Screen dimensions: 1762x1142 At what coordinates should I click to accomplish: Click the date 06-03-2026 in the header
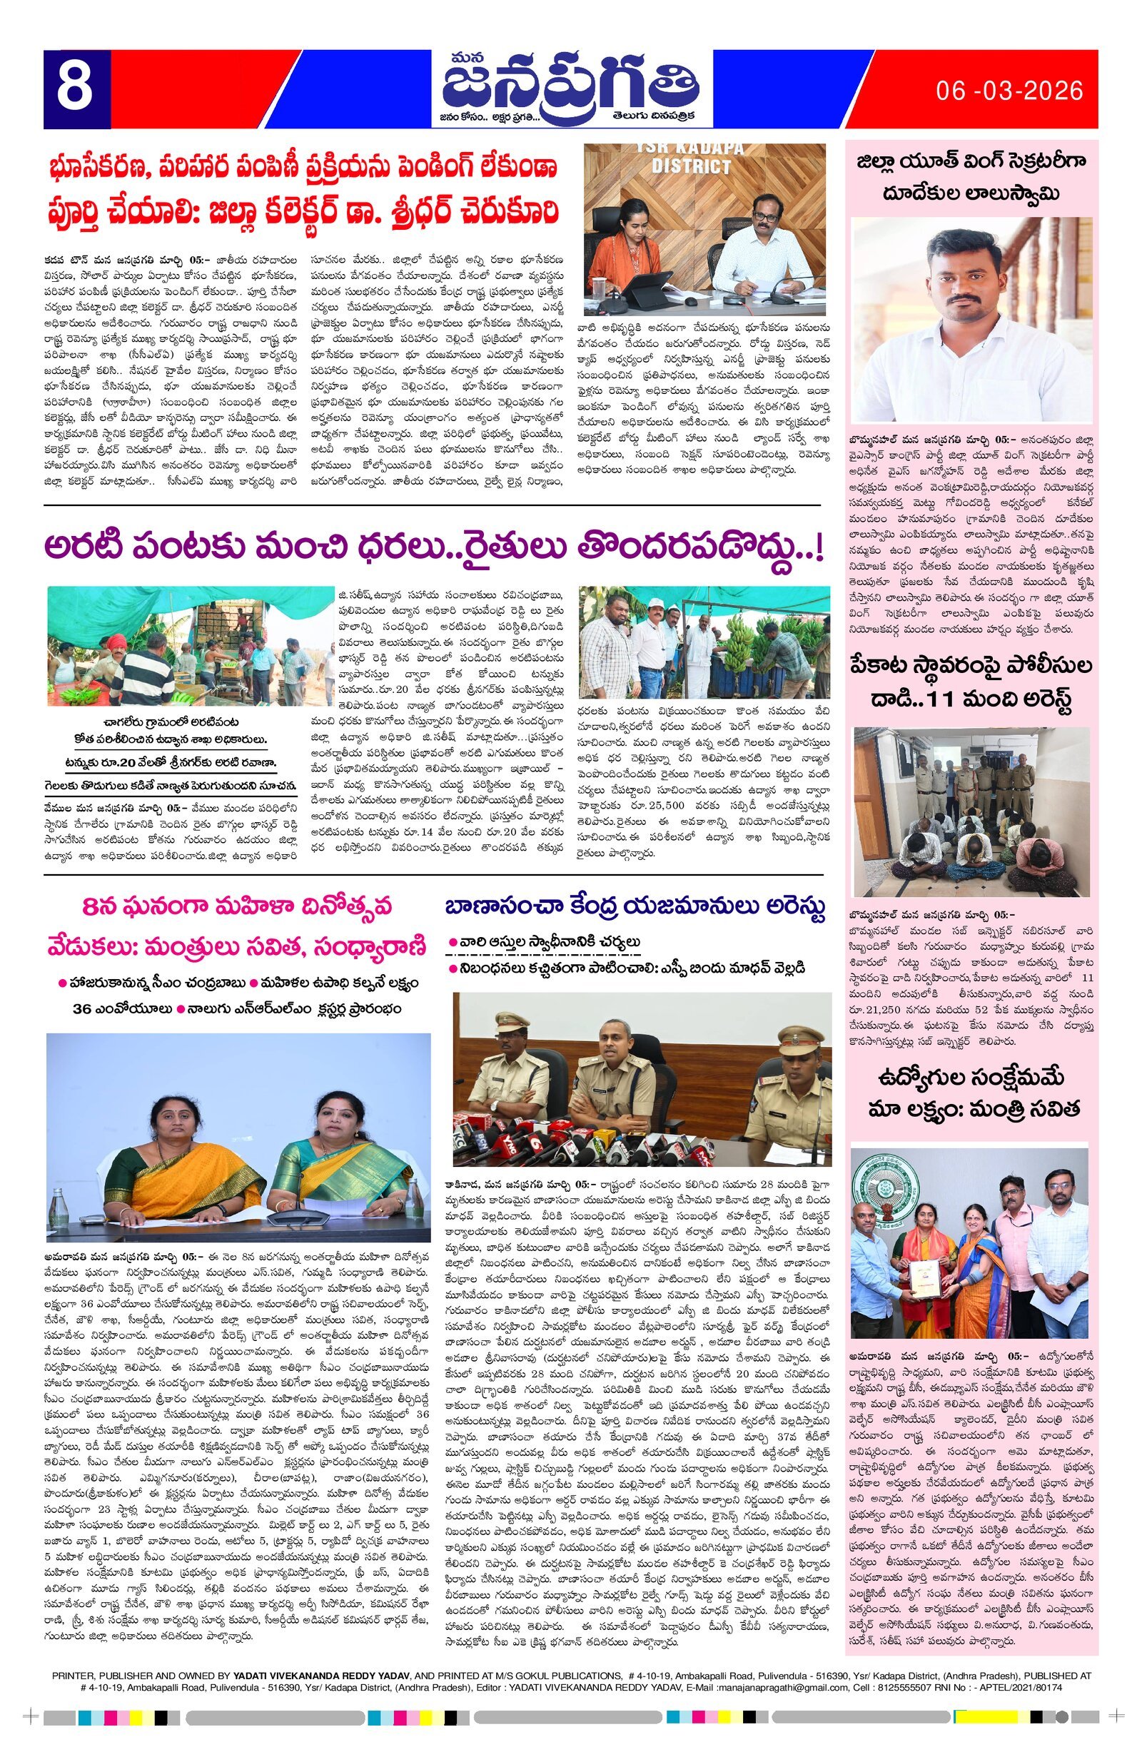1009,91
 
